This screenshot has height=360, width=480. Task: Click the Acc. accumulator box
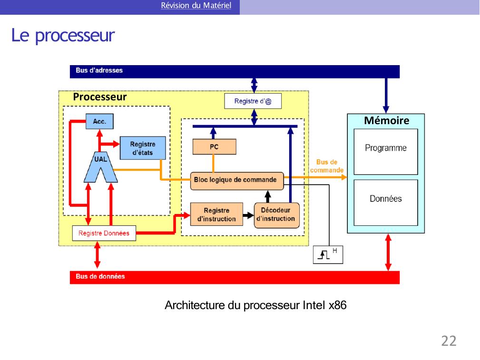pos(99,121)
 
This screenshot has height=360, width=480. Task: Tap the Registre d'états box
pos(143,148)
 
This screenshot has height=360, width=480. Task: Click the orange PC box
pos(214,147)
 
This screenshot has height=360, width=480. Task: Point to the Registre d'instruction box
pos(216,214)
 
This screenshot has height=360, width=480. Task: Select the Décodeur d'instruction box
pos(276,214)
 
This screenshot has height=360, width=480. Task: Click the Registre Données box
pos(104,233)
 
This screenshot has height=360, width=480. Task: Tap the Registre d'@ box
pos(253,101)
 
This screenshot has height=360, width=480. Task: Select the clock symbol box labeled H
pos(328,255)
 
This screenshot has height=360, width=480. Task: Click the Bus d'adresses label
pos(99,70)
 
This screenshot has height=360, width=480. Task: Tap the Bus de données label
pos(100,276)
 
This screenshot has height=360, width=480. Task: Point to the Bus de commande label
pos(327,166)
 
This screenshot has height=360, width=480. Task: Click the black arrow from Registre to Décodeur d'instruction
pos(248,215)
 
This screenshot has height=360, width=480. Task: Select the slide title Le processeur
pos(63,36)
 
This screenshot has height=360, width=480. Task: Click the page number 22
pos(449,341)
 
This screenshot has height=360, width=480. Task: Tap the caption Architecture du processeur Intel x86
pos(255,305)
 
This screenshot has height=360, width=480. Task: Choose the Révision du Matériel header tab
pos(196,6)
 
